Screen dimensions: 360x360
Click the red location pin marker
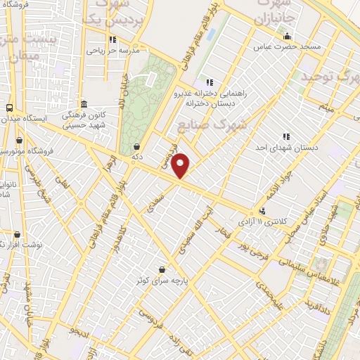(181, 165)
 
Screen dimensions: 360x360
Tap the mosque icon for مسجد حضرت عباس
(286, 37)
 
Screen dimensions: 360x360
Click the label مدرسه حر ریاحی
(113, 51)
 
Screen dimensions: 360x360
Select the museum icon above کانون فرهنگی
(84, 104)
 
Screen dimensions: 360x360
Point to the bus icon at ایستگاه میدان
(9, 108)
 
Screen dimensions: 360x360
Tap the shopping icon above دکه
(136, 146)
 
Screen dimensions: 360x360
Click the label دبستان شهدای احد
(286, 148)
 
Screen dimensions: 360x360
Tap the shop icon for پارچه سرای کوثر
(163, 269)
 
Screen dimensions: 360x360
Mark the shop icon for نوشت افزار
(18, 235)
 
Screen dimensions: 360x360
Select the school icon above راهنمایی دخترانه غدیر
(208, 82)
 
